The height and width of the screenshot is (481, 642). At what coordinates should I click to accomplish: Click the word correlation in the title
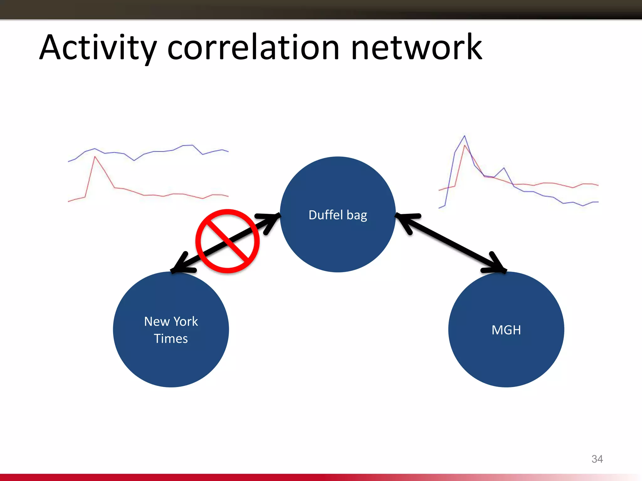point(253,48)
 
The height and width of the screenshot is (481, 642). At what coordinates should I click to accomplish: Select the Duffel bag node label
point(338,215)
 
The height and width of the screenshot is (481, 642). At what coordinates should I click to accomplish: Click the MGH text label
point(506,330)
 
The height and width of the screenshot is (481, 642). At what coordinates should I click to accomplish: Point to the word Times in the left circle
point(171,339)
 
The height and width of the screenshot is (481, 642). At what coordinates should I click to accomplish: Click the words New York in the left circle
point(171,322)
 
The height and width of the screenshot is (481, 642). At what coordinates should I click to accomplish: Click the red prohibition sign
point(228,241)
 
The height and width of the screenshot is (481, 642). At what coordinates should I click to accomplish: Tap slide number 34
point(597,459)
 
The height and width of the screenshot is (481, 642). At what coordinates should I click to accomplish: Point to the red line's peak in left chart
point(95,157)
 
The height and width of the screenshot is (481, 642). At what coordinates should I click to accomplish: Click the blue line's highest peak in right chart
point(464,136)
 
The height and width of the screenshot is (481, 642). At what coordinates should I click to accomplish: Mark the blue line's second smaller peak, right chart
point(504,168)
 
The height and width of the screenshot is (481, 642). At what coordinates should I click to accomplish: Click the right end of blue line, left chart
point(228,151)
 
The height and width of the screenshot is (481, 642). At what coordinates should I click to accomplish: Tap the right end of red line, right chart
point(598,185)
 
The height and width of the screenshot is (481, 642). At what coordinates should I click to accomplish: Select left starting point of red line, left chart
point(69,201)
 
